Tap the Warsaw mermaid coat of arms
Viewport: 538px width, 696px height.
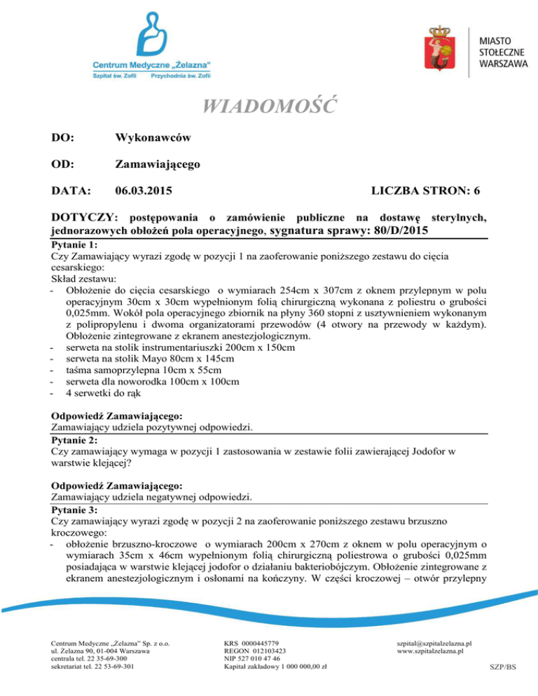coord(439,48)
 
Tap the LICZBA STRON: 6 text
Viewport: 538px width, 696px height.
coord(427,190)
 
